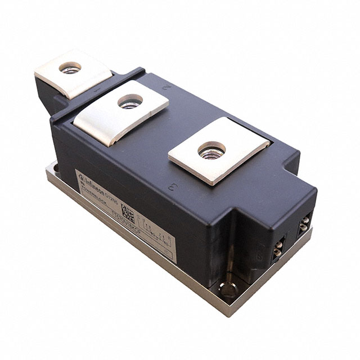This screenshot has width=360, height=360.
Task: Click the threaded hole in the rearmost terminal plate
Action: [70, 67]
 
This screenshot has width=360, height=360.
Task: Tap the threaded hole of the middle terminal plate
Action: [130, 101]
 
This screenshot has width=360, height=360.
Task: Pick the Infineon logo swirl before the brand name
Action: [82, 172]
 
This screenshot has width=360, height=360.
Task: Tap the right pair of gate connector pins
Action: [304, 224]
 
